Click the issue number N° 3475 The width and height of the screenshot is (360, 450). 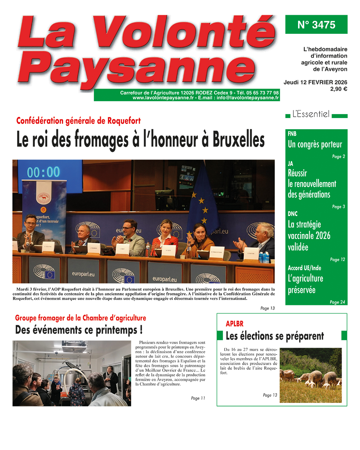tap(316, 25)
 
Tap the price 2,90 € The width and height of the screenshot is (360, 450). tap(338, 89)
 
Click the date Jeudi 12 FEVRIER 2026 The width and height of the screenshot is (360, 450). tap(315, 82)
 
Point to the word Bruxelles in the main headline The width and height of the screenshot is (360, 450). tap(238, 140)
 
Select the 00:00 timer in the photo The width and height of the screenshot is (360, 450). tap(43, 172)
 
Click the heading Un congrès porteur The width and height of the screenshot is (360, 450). tap(315, 144)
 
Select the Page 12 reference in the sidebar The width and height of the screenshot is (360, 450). tap(337, 259)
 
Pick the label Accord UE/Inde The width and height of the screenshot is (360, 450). tap(304, 268)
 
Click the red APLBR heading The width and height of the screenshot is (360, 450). tap(234, 324)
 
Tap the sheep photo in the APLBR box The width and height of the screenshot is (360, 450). tap(310, 375)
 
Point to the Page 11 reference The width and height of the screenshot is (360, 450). tap(198, 398)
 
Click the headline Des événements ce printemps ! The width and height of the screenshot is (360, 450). tap(79, 330)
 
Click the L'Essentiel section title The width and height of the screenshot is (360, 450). tap(311, 114)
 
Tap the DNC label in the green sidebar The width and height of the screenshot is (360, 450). tap(293, 213)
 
